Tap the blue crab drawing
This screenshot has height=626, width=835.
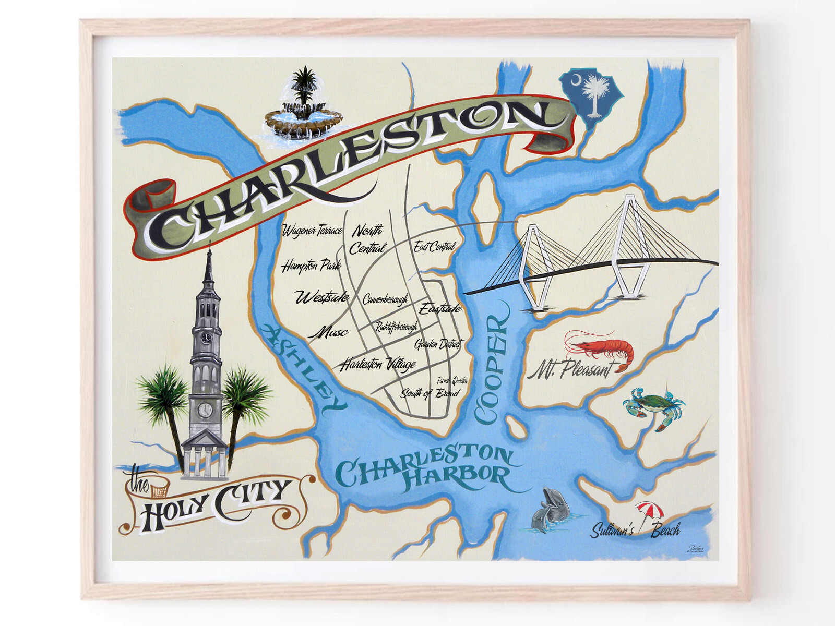pyautogui.click(x=653, y=406)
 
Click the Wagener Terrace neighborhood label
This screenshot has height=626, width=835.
pyautogui.click(x=312, y=231)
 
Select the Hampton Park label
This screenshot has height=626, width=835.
pyautogui.click(x=311, y=266)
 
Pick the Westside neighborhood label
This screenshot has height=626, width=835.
pyautogui.click(x=321, y=298)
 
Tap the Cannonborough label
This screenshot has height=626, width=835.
pyautogui.click(x=385, y=299)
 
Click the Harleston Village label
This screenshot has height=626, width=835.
pyautogui.click(x=378, y=364)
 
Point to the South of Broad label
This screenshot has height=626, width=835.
pyautogui.click(x=430, y=393)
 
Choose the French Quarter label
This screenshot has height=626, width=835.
pyautogui.click(x=452, y=380)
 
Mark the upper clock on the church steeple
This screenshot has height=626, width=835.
pyautogui.click(x=207, y=338)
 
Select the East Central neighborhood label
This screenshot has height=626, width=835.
pyautogui.click(x=434, y=247)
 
